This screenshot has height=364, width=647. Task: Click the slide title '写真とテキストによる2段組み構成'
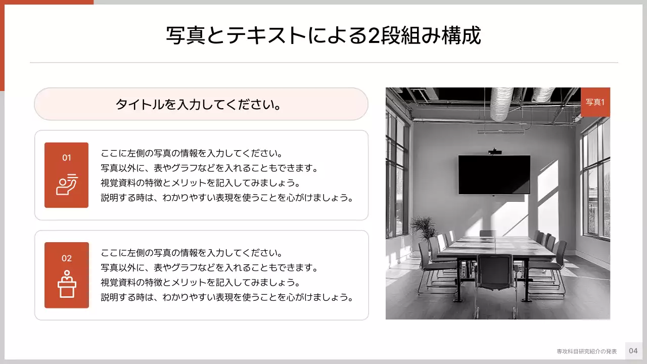coord(323,35)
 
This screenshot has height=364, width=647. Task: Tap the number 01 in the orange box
coord(67,158)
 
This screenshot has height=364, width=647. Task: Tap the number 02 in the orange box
coord(67,258)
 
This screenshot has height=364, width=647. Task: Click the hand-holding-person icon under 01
coord(66,184)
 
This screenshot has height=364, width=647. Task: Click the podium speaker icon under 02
coord(66,285)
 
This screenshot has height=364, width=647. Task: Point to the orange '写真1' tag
coord(595,102)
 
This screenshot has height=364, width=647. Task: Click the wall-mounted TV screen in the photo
coord(494,174)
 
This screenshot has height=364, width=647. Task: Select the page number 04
coord(633,351)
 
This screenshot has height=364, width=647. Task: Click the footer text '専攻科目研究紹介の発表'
coord(586,351)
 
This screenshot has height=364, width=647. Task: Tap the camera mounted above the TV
coord(494,151)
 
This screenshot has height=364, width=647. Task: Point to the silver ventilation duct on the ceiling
coord(501,104)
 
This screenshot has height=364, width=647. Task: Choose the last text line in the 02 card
coord(226,297)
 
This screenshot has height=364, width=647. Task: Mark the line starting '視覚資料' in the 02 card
coord(200,282)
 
